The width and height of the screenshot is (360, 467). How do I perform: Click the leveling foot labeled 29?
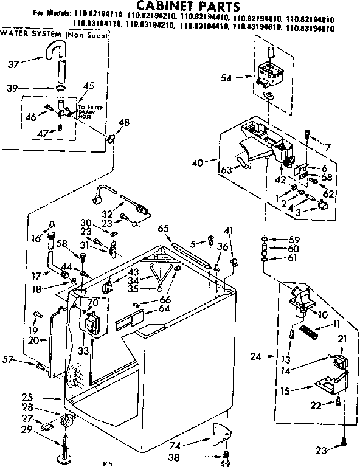tap(64, 449)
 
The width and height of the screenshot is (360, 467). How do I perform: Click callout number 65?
tap(162, 229)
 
